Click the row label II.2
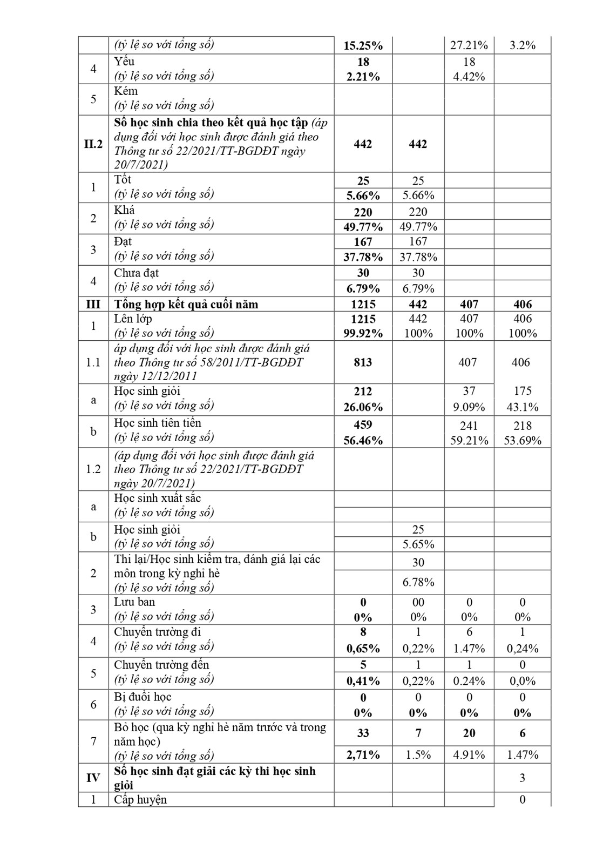tap(93, 144)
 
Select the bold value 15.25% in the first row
tap(363, 45)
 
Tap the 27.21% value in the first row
tap(469, 45)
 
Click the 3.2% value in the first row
tap(522, 45)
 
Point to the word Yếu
tap(124, 62)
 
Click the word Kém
tap(126, 91)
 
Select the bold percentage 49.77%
tap(363, 227)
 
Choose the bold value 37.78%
tap(363, 257)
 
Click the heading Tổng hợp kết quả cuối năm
tap(186, 304)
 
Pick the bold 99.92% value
tap(363, 334)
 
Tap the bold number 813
tap(363, 362)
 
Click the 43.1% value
tap(522, 407)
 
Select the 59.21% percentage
tap(469, 441)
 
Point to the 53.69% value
tap(522, 441)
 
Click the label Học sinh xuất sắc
tap(157, 498)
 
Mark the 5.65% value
tap(418, 544)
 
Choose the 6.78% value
tap(418, 583)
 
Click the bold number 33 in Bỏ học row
tap(363, 733)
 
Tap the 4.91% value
tap(469, 755)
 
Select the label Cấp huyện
tap(140, 800)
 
